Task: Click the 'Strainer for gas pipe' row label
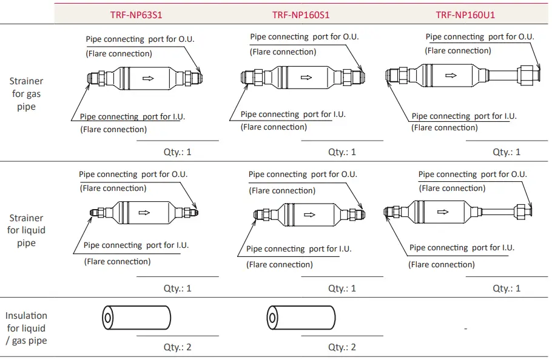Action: pyautogui.click(x=26, y=94)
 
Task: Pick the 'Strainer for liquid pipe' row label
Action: pyautogui.click(x=26, y=230)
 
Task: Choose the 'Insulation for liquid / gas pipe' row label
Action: pyautogui.click(x=26, y=328)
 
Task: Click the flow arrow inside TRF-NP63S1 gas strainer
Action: pyautogui.click(x=147, y=78)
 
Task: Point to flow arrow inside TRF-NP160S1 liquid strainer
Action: pyautogui.click(x=309, y=215)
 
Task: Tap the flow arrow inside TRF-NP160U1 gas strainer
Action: pyautogui.click(x=450, y=76)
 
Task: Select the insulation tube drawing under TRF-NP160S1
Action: pyautogui.click(x=301, y=318)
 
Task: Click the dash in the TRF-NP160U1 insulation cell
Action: pyautogui.click(x=465, y=328)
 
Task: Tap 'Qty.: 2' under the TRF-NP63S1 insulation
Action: pyautogui.click(x=177, y=347)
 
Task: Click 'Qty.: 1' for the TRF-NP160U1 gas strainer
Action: pyautogui.click(x=507, y=152)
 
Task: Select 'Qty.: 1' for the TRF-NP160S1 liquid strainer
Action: pyautogui.click(x=342, y=288)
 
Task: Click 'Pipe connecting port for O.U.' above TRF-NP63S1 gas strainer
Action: pyautogui.click(x=140, y=39)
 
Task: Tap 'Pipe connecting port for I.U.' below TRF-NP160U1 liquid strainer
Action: pyautogui.click(x=462, y=247)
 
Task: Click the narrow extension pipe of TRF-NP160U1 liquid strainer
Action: pyautogui.click(x=497, y=212)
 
